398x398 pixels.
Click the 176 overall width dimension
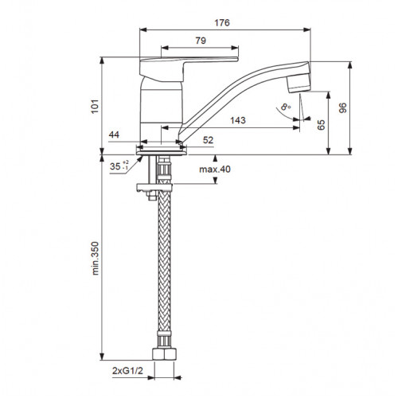pyautogui.click(x=222, y=23)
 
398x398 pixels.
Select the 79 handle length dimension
pyautogui.click(x=201, y=41)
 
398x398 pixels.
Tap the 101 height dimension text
pyautogui.click(x=95, y=107)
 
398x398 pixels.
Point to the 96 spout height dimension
pyautogui.click(x=343, y=107)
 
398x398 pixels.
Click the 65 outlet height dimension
pyautogui.click(x=321, y=125)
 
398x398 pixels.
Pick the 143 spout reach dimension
pyautogui.click(x=238, y=120)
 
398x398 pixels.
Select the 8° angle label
pyautogui.click(x=286, y=107)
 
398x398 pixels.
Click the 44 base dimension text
pyautogui.click(x=114, y=135)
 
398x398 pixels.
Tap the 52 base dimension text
pyautogui.click(x=208, y=140)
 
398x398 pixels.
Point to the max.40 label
pyautogui.click(x=215, y=169)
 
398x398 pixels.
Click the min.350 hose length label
pyautogui.click(x=95, y=258)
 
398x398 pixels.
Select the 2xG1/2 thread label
pyautogui.click(x=127, y=371)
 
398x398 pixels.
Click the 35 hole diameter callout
pyautogui.click(x=119, y=166)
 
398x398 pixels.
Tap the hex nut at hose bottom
pyautogui.click(x=165, y=354)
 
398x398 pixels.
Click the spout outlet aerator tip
pyautogui.click(x=298, y=84)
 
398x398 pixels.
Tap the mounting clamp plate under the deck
pyautogui.click(x=154, y=188)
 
